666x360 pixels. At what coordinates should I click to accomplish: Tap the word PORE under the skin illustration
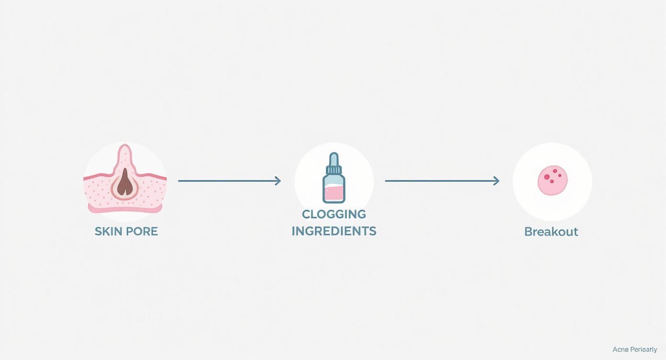[142, 232]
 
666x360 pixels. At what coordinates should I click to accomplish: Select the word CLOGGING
[334, 214]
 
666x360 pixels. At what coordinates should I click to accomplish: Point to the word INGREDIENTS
[334, 231]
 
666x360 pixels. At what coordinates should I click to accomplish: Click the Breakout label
[551, 232]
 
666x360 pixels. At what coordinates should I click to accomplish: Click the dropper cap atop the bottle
[334, 158]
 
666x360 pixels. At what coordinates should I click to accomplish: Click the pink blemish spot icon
[553, 181]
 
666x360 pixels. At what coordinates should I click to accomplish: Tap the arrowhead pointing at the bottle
[278, 181]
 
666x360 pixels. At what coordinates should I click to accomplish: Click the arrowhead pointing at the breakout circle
[497, 181]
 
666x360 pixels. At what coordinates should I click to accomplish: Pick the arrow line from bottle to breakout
[440, 181]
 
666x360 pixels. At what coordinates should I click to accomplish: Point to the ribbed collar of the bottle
[334, 169]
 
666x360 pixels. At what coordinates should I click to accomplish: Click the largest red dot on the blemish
[546, 177]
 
